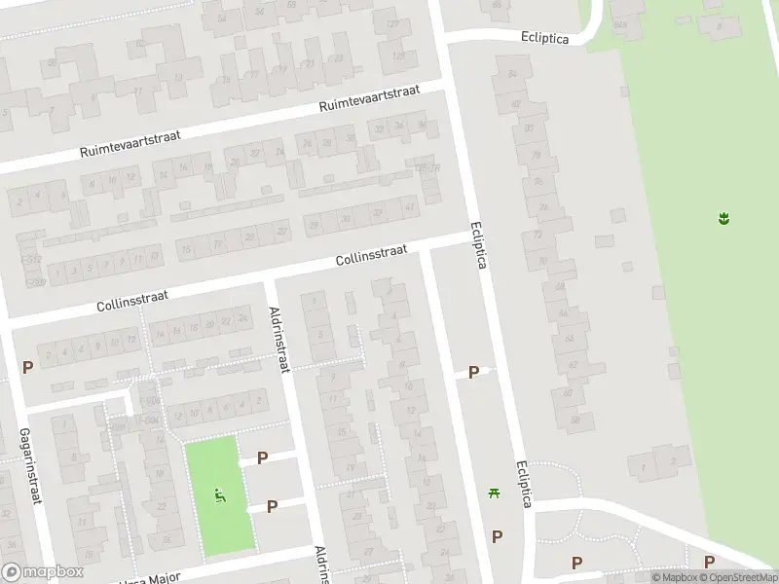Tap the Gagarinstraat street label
tap(30, 467)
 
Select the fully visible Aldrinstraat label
tap(279, 338)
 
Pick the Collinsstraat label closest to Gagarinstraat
tap(132, 296)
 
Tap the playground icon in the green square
tap(220, 494)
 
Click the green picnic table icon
tap(495, 493)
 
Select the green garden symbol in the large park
tap(723, 218)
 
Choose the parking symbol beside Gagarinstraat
tap(28, 368)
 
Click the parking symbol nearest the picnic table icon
tap(498, 536)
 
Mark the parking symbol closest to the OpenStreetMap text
tap(709, 562)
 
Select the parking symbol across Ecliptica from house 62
tap(474, 372)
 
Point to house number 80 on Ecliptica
tap(529, 128)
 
